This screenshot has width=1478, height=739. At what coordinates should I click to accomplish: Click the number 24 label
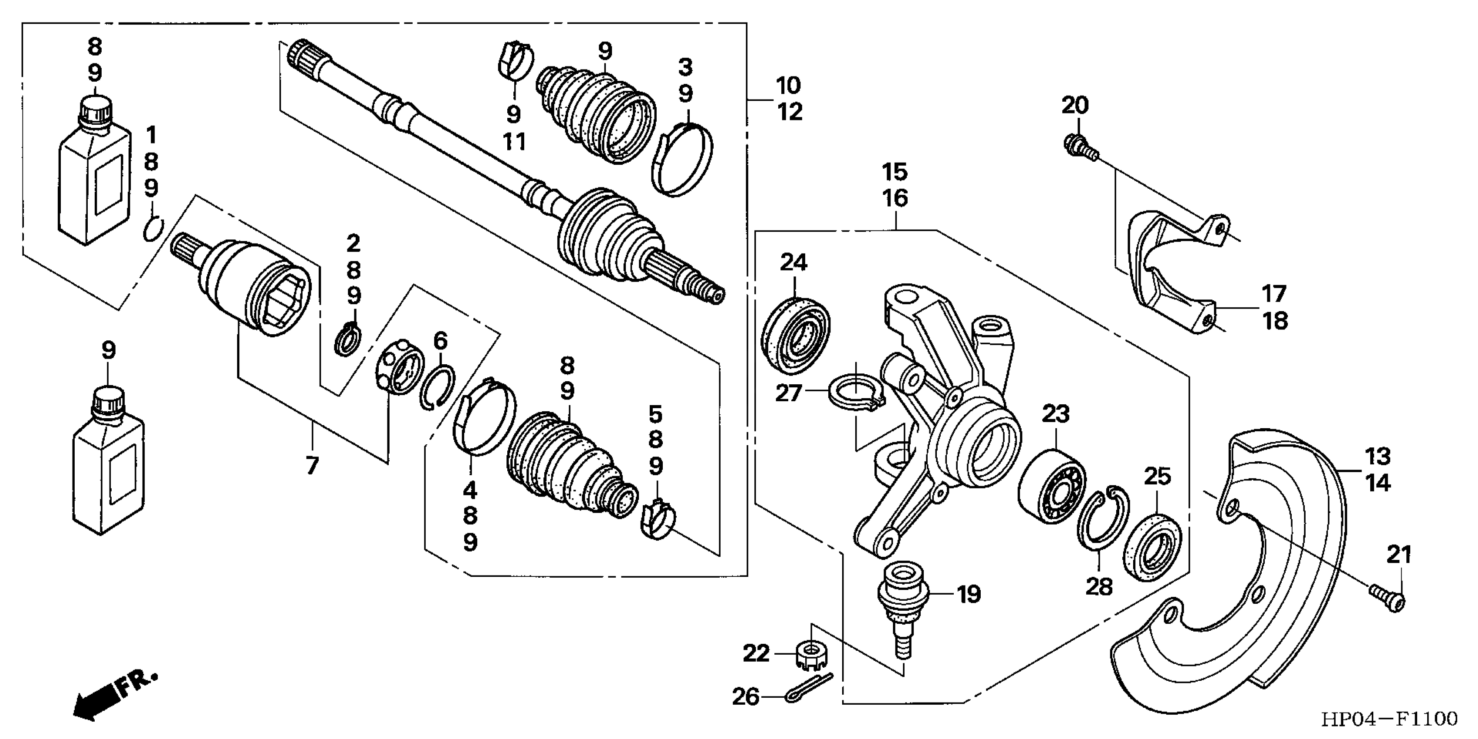pos(794,263)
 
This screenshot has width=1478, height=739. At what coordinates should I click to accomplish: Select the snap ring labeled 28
pos(1101,517)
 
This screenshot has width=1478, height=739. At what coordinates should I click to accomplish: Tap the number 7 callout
pos(311,466)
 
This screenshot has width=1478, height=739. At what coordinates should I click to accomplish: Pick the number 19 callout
pos(969,594)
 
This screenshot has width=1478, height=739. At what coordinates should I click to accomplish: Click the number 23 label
pos(1056,413)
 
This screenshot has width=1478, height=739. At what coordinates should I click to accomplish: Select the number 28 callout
pos(1099,586)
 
